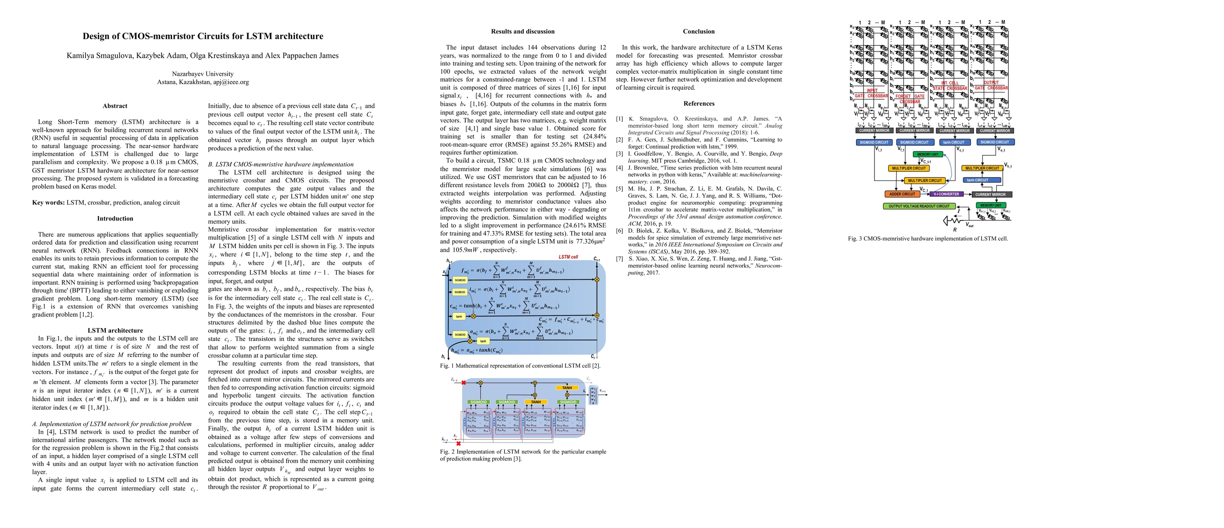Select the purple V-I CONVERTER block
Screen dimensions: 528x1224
(x=946, y=194)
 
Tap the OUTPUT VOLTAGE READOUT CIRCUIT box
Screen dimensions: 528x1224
(x=919, y=206)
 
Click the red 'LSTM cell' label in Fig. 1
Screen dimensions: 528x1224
(x=568, y=257)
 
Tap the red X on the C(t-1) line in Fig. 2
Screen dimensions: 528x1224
(x=464, y=382)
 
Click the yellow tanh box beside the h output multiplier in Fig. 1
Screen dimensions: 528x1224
(x=483, y=341)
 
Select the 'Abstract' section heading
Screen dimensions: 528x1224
(x=115, y=106)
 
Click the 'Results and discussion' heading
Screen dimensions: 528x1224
(x=523, y=31)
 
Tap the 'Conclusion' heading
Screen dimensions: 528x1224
(x=698, y=31)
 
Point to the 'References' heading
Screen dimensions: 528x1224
(x=698, y=103)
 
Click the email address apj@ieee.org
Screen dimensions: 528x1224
(x=231, y=82)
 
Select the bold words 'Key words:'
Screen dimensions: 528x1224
(x=48, y=203)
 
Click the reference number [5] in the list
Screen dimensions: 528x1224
(x=619, y=189)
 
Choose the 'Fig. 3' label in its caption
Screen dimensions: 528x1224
(x=854, y=239)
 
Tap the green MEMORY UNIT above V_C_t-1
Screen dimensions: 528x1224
(x=927, y=154)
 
